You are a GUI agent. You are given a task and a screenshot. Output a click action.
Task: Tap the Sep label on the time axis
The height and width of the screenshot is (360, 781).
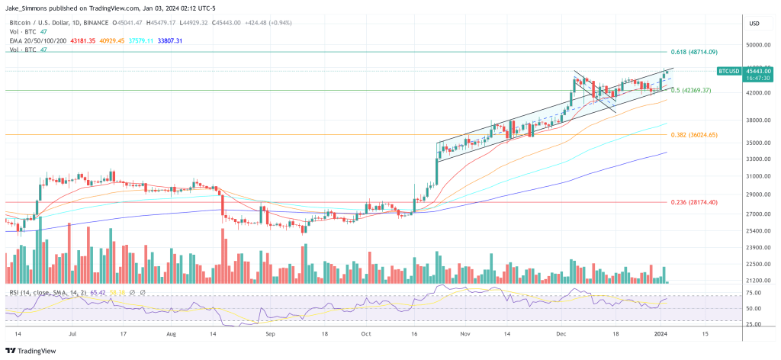[268, 334]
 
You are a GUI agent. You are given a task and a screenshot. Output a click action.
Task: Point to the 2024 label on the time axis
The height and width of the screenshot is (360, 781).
[660, 334]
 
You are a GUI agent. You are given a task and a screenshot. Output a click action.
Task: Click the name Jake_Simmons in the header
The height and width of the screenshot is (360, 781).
[28, 8]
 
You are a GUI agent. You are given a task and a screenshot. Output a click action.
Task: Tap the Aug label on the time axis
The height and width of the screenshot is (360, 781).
[171, 334]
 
